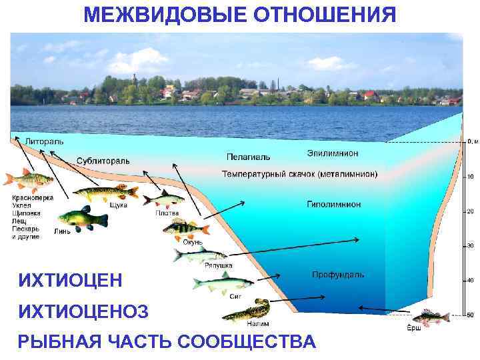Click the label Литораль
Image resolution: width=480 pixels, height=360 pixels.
click(44, 141)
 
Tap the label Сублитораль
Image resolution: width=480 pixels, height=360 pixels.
click(103, 161)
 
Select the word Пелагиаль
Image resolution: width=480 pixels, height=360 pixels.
click(249, 157)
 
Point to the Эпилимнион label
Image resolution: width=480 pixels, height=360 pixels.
click(333, 153)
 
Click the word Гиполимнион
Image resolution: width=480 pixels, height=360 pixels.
click(334, 204)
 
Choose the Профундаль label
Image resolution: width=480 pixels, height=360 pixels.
click(337, 275)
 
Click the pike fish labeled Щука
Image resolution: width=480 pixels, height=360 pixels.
click(105, 193)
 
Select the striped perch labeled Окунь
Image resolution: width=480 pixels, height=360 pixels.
click(185, 229)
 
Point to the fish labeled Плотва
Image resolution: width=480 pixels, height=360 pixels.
click(164, 198)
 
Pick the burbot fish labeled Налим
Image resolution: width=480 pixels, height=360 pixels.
click(247, 310)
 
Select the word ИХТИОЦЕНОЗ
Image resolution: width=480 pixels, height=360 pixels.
click(84, 311)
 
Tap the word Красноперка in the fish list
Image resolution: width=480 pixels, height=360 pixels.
click(33, 197)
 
